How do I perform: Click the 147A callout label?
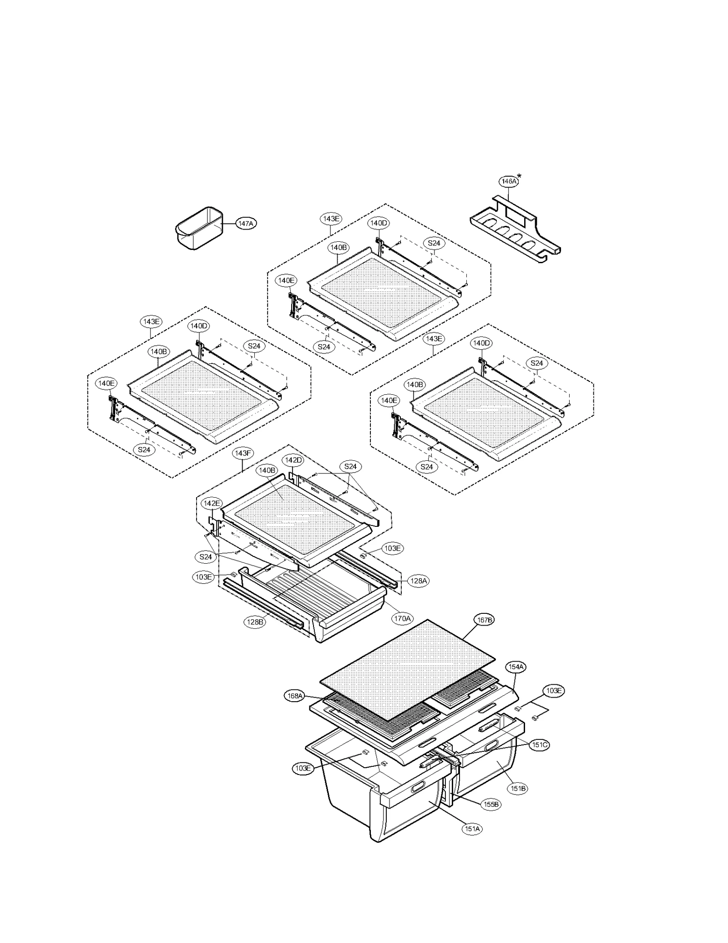click(x=245, y=223)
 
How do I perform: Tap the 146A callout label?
click(x=508, y=181)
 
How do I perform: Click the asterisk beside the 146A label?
click(x=519, y=177)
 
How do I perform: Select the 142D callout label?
click(x=293, y=460)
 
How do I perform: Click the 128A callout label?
click(x=418, y=581)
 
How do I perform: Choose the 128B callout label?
click(x=254, y=622)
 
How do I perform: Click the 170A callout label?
click(x=402, y=618)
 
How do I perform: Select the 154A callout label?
click(x=516, y=667)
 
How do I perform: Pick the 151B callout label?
click(x=518, y=788)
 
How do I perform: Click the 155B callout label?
click(x=491, y=804)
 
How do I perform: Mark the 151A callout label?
click(x=472, y=829)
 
